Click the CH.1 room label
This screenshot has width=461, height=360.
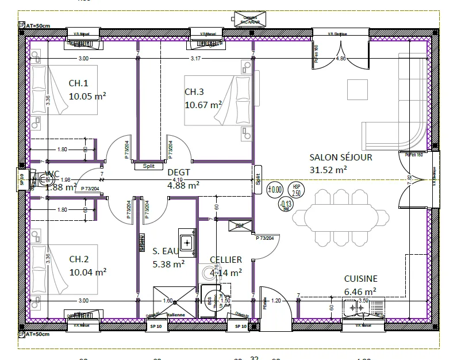[79, 83]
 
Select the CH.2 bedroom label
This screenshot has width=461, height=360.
[79, 259]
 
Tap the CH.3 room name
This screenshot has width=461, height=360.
[194, 92]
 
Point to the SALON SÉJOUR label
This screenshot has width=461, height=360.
[341, 157]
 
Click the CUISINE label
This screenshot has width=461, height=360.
[360, 279]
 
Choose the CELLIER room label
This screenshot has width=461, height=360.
[225, 260]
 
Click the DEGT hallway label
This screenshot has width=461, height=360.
[179, 172]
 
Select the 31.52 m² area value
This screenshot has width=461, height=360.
[328, 170]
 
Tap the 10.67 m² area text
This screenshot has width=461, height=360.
[203, 105]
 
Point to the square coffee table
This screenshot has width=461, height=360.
[356, 89]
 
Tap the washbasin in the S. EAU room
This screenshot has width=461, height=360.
[187, 242]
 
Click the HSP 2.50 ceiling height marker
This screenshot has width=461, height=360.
[297, 190]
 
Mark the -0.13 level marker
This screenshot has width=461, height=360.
[286, 204]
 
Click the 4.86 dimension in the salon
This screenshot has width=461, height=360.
[341, 59]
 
